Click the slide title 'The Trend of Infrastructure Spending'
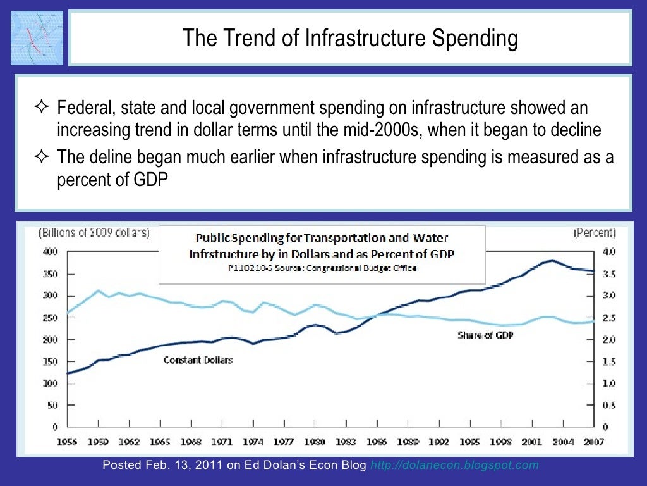(350, 39)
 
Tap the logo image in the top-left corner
(37, 37)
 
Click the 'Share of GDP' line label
(485, 335)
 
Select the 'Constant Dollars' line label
(198, 360)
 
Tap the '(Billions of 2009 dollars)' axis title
(95, 232)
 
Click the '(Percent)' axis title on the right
(595, 232)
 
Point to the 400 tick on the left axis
(51, 252)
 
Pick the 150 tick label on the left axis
(51, 361)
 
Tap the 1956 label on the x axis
(68, 443)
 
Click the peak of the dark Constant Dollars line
(553, 260)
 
